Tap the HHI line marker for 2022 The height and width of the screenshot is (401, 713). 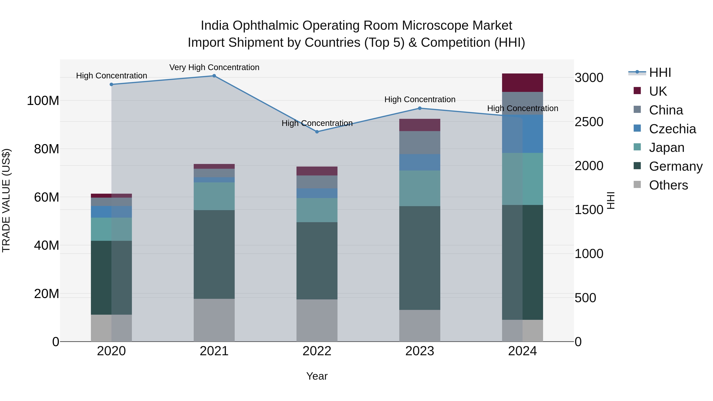pyautogui.click(x=317, y=132)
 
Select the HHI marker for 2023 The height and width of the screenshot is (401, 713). pyautogui.click(x=420, y=108)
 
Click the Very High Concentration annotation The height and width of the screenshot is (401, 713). pyautogui.click(x=214, y=67)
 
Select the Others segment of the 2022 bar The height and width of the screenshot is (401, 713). pyautogui.click(x=317, y=320)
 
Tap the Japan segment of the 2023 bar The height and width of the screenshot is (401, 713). pyautogui.click(x=420, y=188)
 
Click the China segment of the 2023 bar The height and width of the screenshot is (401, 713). pyautogui.click(x=420, y=143)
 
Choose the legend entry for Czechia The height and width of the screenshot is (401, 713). pyautogui.click(x=672, y=129)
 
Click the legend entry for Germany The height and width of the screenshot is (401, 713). pyautogui.click(x=675, y=166)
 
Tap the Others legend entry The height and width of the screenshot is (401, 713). pyautogui.click(x=668, y=185)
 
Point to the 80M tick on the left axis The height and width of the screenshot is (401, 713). pyautogui.click(x=47, y=149)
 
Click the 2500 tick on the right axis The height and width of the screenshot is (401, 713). pyautogui.click(x=589, y=122)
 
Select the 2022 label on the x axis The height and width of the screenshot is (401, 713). pyautogui.click(x=317, y=351)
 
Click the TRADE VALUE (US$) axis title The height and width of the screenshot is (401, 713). pyautogui.click(x=6, y=200)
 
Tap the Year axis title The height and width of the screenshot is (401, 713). pyautogui.click(x=317, y=376)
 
